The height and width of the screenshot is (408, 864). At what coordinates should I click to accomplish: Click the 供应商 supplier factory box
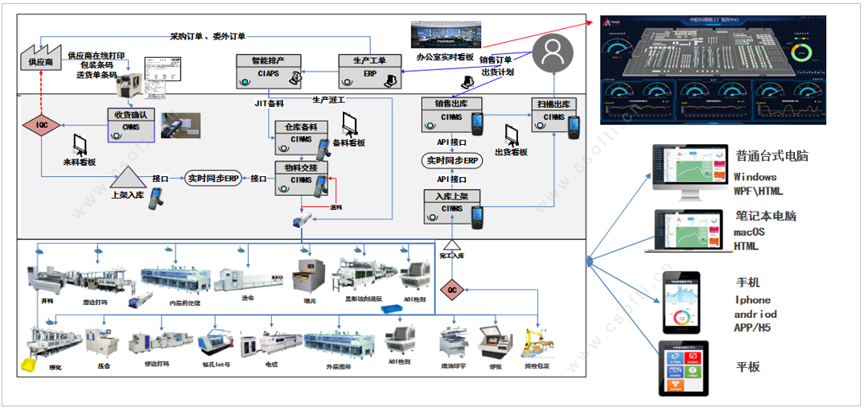tap(41, 58)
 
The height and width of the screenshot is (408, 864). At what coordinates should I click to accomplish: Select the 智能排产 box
tap(269, 69)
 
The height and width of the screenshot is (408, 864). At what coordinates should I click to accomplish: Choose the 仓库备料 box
tap(301, 134)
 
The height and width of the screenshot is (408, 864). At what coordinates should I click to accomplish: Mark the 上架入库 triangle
tap(128, 174)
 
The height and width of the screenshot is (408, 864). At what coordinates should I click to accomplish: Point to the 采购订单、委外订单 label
tap(208, 36)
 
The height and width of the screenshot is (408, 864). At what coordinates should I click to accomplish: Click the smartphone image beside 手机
tap(681, 302)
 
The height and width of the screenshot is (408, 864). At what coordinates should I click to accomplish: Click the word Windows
tap(755, 176)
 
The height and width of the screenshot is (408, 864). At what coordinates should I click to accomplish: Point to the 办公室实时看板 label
tap(445, 58)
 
